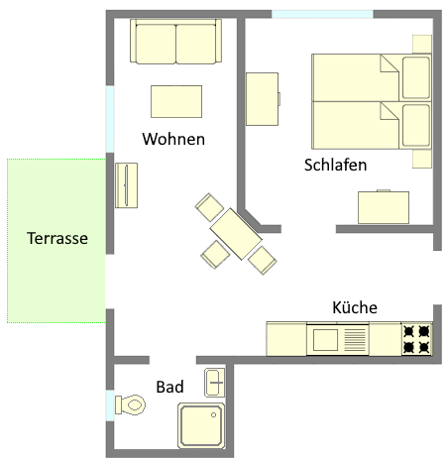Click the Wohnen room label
[x=173, y=139]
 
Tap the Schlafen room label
[x=335, y=165]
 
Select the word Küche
[x=355, y=307]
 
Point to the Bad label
[x=169, y=387]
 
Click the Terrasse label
[x=57, y=238]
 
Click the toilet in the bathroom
[x=130, y=404]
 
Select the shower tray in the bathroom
[x=201, y=425]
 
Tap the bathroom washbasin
[x=215, y=383]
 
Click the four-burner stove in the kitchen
[x=417, y=339]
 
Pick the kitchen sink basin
[x=325, y=340]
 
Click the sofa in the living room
[x=175, y=42]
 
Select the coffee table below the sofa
[x=176, y=101]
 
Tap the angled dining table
[x=236, y=234]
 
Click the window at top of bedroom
[x=322, y=14]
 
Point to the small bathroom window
[x=110, y=405]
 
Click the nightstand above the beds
[x=422, y=44]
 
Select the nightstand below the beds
[x=422, y=159]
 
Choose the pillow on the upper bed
[x=416, y=77]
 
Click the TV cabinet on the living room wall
[x=126, y=185]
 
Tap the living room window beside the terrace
[x=110, y=119]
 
